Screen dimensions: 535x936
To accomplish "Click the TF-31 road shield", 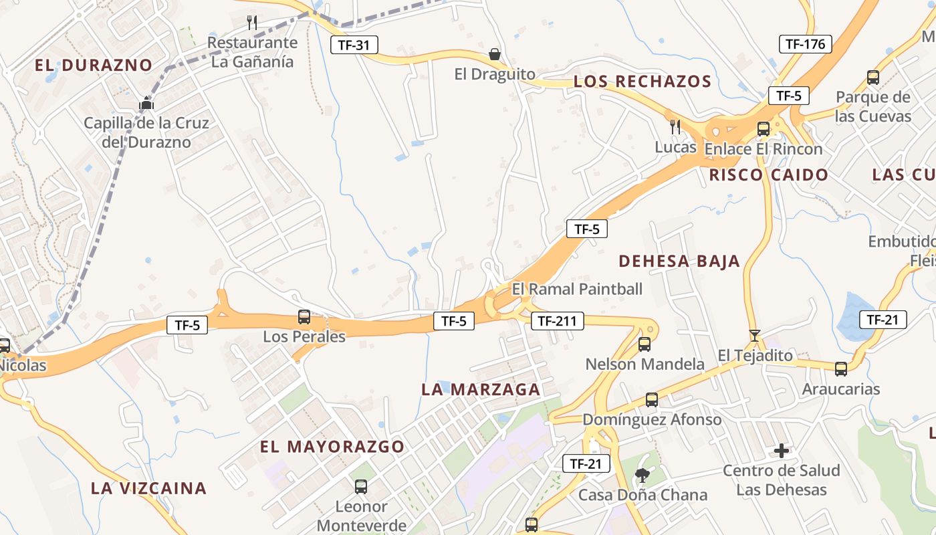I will coord(354,45).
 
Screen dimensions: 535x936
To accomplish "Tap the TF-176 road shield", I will coord(805,44).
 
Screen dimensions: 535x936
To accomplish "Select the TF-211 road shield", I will coord(557,321).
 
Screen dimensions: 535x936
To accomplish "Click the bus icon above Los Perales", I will coord(304,317).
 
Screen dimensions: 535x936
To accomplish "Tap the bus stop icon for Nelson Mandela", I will coord(644,344).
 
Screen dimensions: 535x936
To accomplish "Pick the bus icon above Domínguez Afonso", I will coord(651,400).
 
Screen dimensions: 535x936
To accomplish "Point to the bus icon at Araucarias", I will coord(840,368).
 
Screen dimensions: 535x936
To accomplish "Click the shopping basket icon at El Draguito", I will coord(495,54).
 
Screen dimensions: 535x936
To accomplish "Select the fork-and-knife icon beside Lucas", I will coord(675,126).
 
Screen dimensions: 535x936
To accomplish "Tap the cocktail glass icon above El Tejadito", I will coord(755,335).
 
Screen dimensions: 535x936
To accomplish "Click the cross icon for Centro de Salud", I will coord(781,451).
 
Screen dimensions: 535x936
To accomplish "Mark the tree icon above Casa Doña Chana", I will coord(642,475).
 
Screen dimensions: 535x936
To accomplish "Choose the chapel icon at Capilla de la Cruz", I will coord(146,104).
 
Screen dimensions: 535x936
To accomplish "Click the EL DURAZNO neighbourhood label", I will coord(94,66).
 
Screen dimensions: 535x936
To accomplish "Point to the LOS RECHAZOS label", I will coord(642,82).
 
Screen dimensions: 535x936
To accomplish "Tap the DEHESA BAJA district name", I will coord(679,261).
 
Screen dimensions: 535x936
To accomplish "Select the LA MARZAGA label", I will coord(481,389).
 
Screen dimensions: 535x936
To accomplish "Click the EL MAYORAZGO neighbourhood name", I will coord(332,447).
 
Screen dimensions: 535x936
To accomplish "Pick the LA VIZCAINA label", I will coord(148,488).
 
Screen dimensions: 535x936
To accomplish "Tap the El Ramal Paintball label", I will coord(577,289).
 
